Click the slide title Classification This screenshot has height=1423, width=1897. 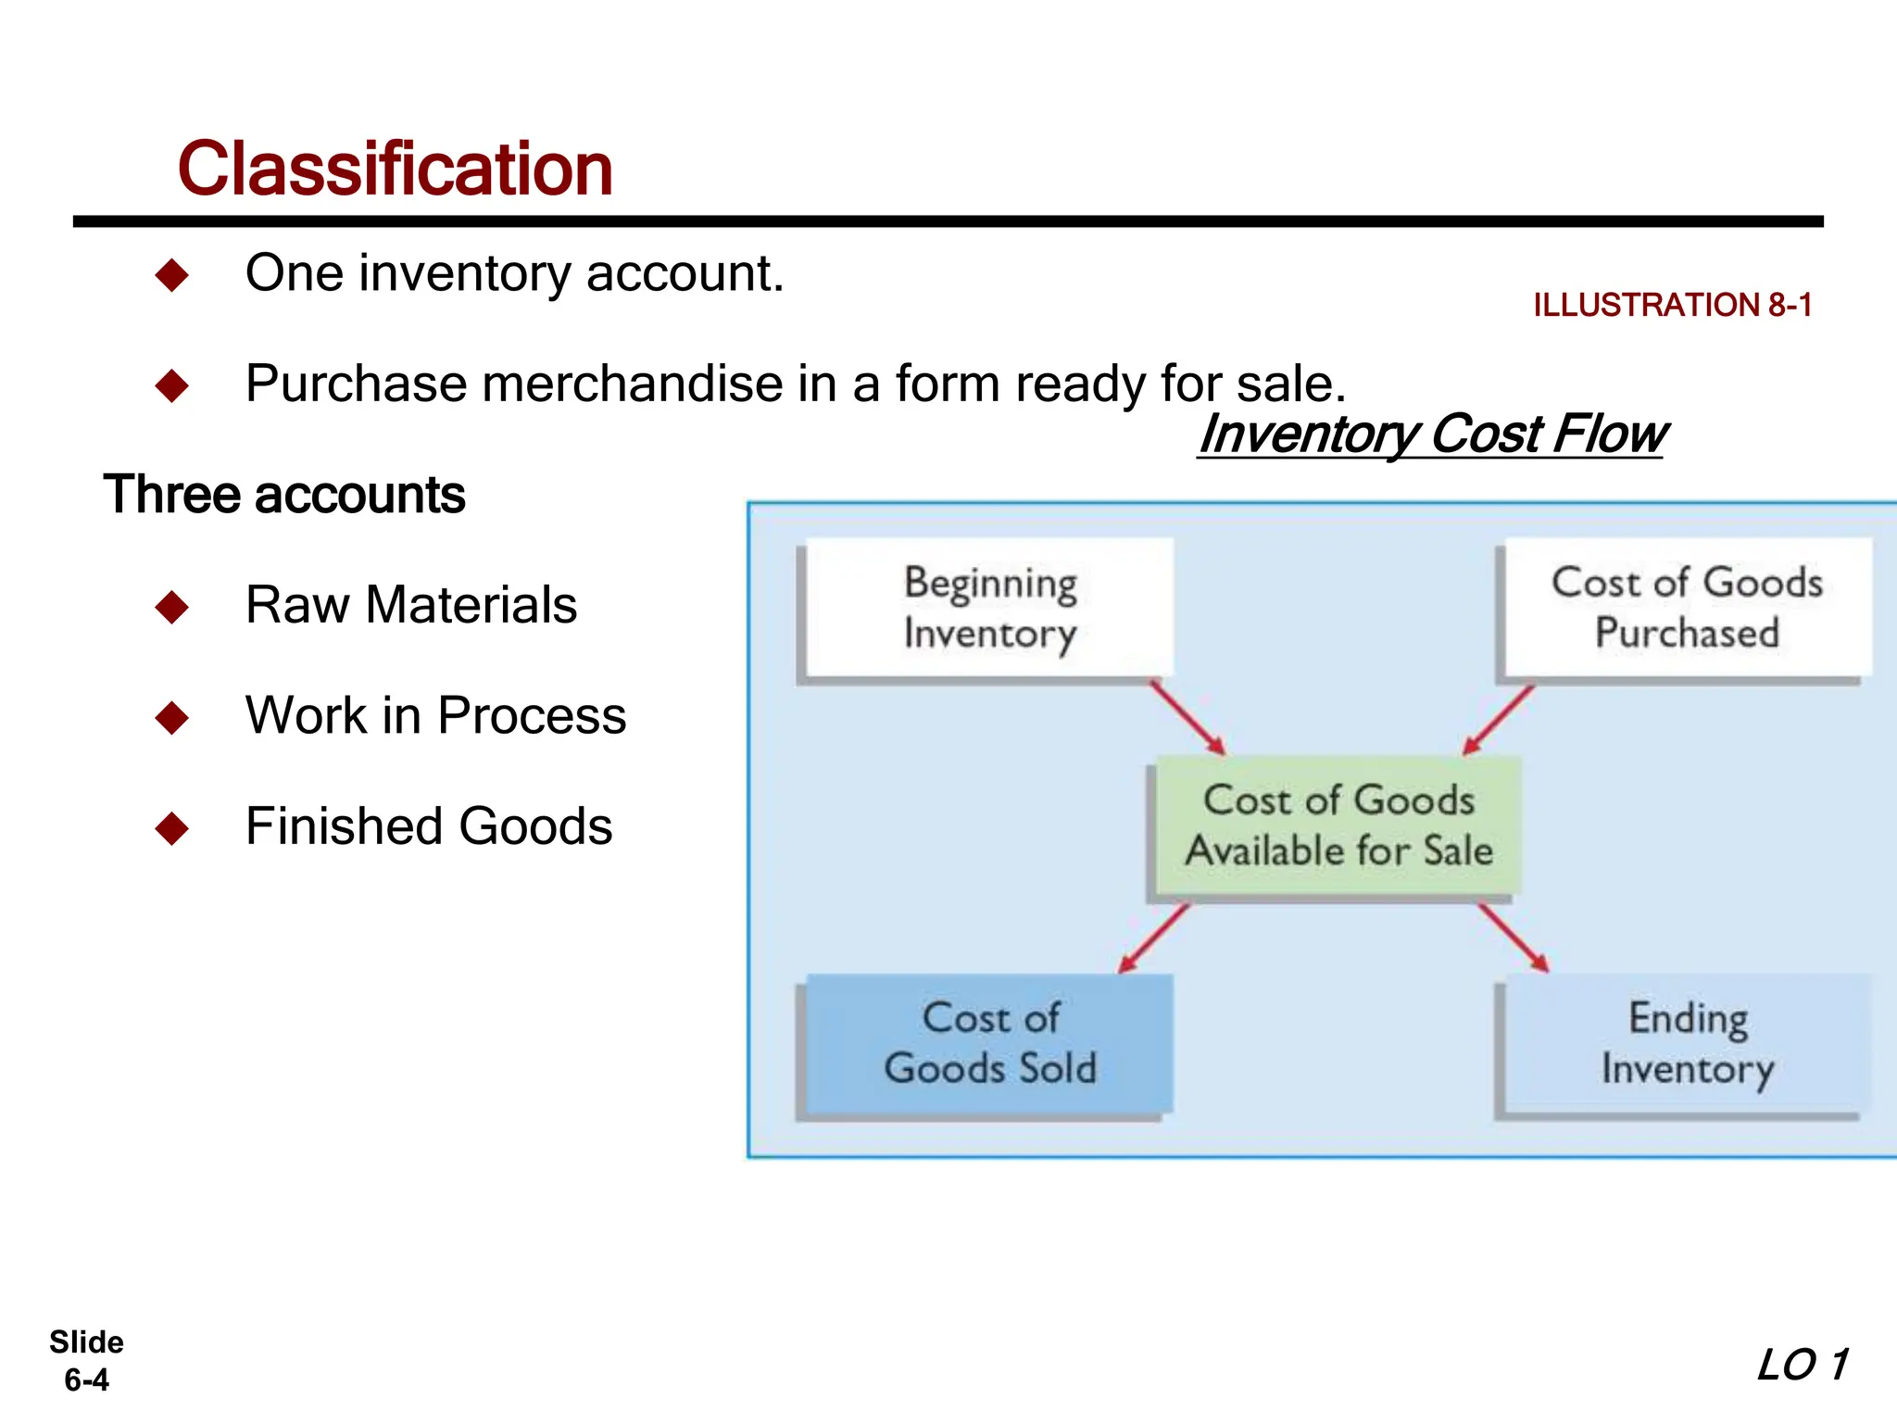click(395, 169)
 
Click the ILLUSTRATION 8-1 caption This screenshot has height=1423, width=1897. click(1672, 305)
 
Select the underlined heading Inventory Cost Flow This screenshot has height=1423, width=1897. click(1432, 434)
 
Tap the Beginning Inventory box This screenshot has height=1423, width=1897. click(989, 608)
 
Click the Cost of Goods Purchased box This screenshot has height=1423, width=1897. click(1687, 608)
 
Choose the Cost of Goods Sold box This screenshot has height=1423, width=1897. click(989, 1042)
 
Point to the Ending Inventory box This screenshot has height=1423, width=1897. click(1687, 1042)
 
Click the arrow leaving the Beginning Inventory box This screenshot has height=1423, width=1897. click(1187, 718)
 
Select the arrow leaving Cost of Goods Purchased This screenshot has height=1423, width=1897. click(1499, 720)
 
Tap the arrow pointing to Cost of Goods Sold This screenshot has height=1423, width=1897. click(1154, 938)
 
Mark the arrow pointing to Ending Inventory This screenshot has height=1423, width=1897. click(1514, 938)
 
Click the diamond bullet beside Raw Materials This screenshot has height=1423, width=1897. click(172, 607)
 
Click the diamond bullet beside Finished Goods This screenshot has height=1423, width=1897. click(172, 828)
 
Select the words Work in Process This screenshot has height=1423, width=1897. click(435, 715)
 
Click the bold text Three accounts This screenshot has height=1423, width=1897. click(283, 494)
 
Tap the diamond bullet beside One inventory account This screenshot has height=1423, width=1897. click(172, 275)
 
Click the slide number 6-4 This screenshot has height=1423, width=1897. click(86, 1379)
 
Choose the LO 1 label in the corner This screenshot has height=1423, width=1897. click(1802, 1365)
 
